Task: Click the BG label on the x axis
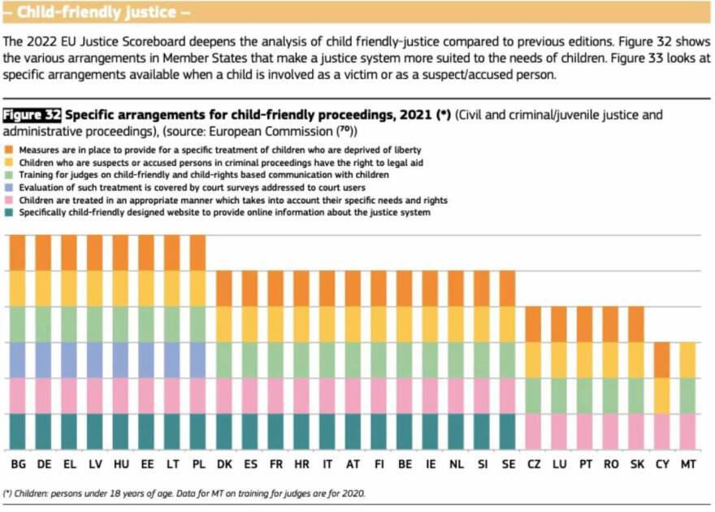18,464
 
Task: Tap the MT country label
688,464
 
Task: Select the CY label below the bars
662,464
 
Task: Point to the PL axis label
198,464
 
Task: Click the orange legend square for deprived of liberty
10,150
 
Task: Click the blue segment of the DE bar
44,359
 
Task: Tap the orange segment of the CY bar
663,359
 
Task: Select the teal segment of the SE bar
508,431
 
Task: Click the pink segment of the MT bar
688,431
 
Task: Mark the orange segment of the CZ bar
534,323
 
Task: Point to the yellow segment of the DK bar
224,323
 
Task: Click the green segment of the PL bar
198,323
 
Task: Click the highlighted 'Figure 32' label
32,115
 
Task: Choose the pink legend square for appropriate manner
10,200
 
